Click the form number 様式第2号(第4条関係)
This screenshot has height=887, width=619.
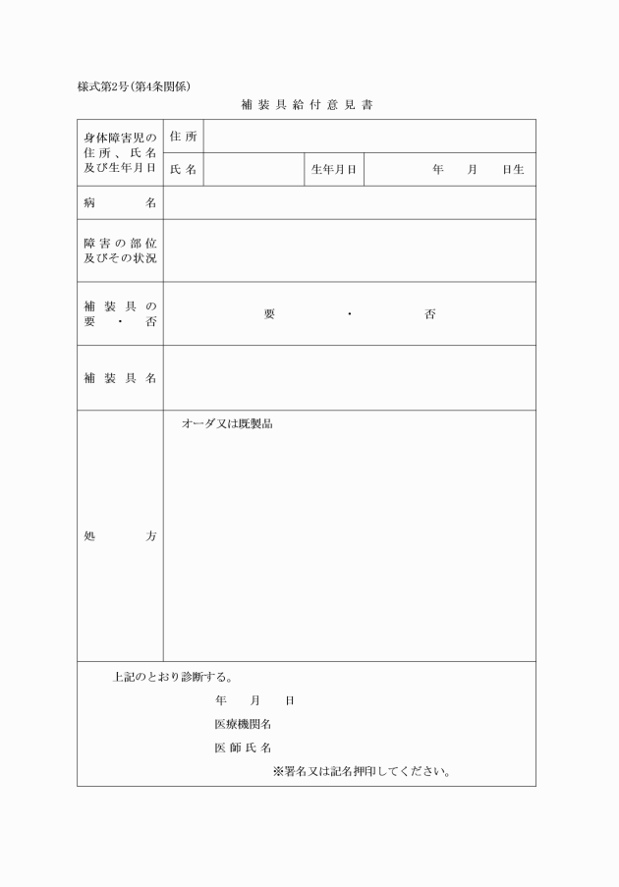point(134,85)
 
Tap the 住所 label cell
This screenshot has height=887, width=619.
point(183,137)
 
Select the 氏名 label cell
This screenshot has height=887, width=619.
point(183,170)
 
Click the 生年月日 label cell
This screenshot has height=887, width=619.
point(333,170)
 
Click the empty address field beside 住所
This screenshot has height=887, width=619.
point(368,137)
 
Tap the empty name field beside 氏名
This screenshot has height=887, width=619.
point(253,170)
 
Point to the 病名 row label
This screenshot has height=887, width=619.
point(120,203)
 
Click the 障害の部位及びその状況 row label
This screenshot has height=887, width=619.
point(120,250)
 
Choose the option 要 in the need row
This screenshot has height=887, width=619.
point(269,314)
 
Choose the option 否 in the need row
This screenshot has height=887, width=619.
point(430,314)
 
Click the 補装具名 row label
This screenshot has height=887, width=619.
point(120,378)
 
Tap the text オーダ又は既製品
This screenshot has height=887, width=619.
point(226,424)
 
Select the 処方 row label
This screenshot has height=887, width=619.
point(120,536)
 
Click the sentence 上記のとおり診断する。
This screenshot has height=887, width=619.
point(172,677)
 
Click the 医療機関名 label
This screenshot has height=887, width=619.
point(243,724)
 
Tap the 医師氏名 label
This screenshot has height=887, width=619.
point(243,748)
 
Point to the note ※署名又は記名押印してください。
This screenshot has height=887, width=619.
point(362,771)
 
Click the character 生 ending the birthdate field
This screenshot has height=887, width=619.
point(519,170)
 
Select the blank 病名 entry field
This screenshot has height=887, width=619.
point(349,203)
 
